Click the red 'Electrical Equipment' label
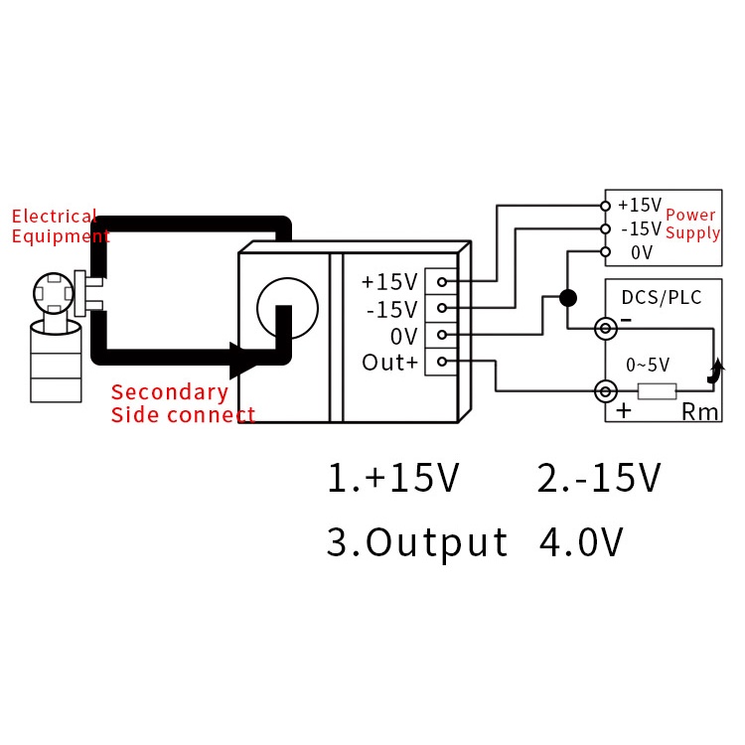tap(61, 226)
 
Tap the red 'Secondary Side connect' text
tap(183, 403)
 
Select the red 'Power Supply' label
tap(692, 223)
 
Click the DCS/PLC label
tap(662, 297)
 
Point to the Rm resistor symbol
tap(657, 391)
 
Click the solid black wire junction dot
tap(568, 298)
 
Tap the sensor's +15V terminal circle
tap(442, 282)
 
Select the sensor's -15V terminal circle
tap(442, 308)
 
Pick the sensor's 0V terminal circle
tap(442, 335)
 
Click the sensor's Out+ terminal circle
tap(442, 362)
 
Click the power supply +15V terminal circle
tap(605, 207)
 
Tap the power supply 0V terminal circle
tap(605, 251)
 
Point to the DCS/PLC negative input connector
tap(606, 329)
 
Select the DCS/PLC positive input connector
tap(606, 391)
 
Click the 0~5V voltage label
tap(648, 365)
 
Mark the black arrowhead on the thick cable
tap(243, 361)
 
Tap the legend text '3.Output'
tap(417, 541)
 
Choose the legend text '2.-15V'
tap(599, 477)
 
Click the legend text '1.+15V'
tap(393, 477)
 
